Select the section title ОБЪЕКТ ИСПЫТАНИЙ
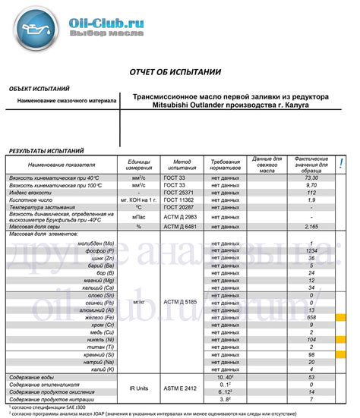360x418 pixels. [x=39, y=89]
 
